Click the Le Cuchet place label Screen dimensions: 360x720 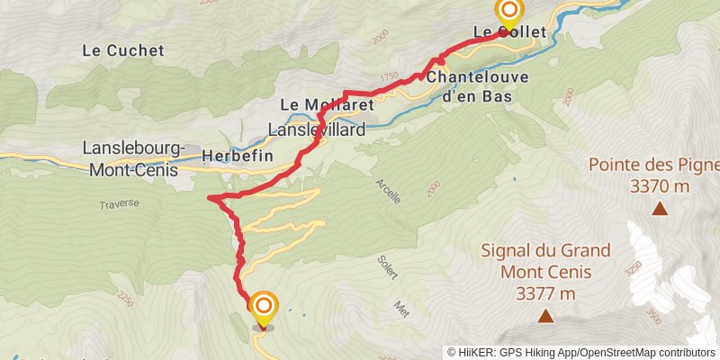click(x=123, y=50)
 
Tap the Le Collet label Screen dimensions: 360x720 click(x=510, y=32)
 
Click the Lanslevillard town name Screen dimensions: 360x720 click(x=317, y=130)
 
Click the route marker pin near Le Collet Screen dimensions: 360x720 click(x=509, y=12)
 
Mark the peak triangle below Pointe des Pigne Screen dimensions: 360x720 click(x=660, y=210)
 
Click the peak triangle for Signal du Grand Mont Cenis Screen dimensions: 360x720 click(x=544, y=316)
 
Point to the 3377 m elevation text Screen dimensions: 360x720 click(x=545, y=293)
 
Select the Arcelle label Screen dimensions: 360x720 click(x=389, y=190)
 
